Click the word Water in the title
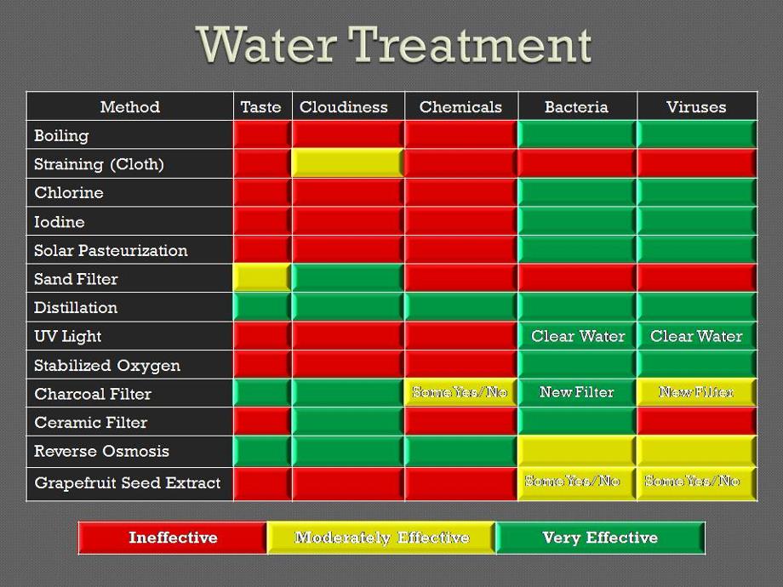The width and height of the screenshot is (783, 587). (x=267, y=45)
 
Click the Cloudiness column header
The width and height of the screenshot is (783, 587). (x=344, y=107)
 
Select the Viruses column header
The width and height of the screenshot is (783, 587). (x=696, y=107)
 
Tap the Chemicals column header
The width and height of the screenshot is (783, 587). (x=460, y=107)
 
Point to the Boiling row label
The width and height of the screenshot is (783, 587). (x=61, y=135)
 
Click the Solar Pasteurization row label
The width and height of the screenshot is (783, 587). (x=111, y=250)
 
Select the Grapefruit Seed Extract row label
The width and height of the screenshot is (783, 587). (x=128, y=482)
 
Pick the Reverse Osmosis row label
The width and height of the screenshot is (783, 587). (x=101, y=451)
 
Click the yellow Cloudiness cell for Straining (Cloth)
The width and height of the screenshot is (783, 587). (x=347, y=163)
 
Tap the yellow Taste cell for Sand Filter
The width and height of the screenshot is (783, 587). (x=262, y=278)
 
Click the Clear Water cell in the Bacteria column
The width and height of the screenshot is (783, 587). (x=578, y=336)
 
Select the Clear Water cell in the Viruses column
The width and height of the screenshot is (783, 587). (x=696, y=336)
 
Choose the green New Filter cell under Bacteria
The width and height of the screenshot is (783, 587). (x=578, y=393)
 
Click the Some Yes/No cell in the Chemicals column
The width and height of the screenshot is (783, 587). (x=460, y=393)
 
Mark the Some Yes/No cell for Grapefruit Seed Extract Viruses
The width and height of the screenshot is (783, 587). (x=696, y=482)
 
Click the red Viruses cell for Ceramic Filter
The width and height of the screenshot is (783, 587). (x=696, y=422)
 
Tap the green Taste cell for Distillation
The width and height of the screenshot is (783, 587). (x=262, y=307)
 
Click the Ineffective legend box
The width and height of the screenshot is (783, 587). (x=173, y=538)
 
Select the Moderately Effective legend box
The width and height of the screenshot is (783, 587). (x=381, y=538)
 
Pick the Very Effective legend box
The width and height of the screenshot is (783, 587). (x=600, y=538)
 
